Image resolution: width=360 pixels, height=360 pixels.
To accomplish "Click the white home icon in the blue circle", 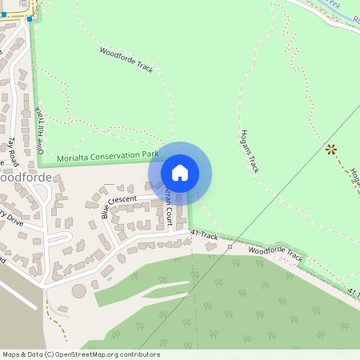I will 180,172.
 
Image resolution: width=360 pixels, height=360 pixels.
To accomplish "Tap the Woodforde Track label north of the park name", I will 126,61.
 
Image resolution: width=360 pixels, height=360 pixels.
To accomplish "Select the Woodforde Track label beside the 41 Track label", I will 276,254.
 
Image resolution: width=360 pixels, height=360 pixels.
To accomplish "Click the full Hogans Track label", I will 249,151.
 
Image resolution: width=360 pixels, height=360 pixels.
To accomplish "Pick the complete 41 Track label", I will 205,235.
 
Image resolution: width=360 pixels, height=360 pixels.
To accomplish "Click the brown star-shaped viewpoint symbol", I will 330,149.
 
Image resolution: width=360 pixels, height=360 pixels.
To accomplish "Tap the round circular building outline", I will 79,290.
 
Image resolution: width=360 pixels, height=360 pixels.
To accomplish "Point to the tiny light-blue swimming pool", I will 109,279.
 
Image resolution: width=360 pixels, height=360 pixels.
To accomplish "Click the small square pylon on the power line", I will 230,246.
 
